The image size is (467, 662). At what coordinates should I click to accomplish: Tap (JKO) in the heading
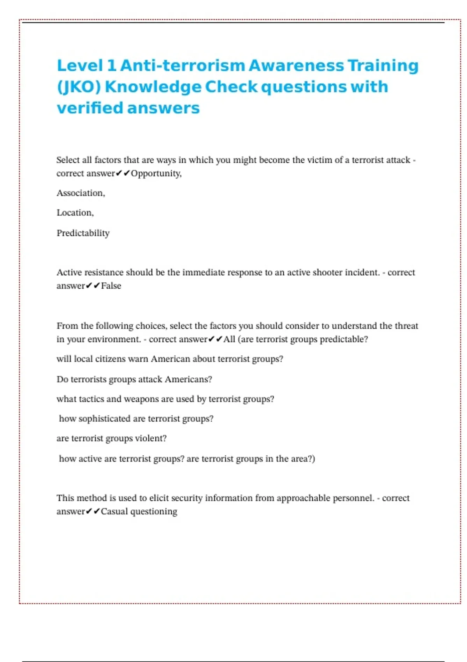tap(79, 87)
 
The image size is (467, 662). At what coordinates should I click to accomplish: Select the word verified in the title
tap(90, 108)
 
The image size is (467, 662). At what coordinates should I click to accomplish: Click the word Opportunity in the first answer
tap(156, 173)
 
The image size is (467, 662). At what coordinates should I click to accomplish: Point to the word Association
tap(81, 193)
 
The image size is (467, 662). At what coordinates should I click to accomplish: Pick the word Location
tap(75, 213)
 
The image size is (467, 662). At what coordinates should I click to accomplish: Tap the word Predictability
tap(83, 233)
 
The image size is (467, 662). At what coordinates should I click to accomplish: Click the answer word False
tap(111, 286)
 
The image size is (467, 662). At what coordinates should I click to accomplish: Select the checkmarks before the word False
tap(93, 286)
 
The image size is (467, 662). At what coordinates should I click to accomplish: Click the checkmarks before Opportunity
tap(123, 173)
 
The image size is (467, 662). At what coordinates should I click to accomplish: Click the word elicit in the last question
tap(159, 498)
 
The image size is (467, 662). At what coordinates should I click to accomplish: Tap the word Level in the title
tap(80, 65)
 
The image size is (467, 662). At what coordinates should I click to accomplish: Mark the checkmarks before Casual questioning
tap(93, 511)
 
